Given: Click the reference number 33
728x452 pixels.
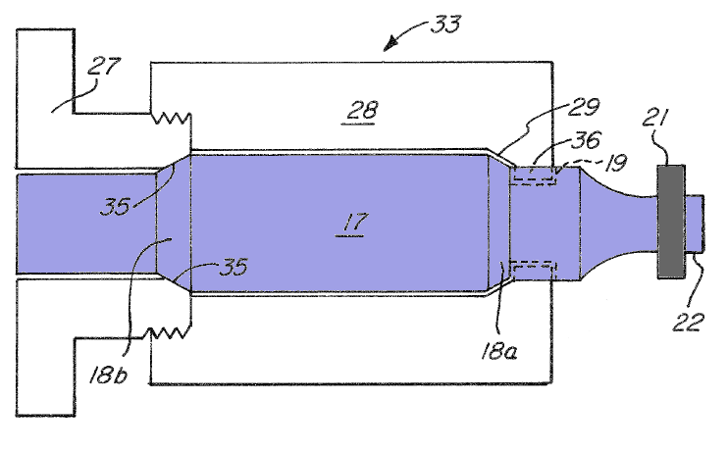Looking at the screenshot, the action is pos(445,25).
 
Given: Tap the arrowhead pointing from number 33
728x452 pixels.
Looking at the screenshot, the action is pos(390,44).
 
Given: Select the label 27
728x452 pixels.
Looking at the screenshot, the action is pos(104,67).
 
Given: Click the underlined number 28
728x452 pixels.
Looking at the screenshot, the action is pos(362,112).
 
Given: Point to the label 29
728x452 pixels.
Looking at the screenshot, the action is pos(584,107).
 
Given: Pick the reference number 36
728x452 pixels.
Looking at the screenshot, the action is pos(586,139).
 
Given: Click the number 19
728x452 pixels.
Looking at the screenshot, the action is pos(615,163).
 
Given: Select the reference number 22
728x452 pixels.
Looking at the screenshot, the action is pos(689,322).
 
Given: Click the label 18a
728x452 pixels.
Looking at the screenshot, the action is pos(499,351).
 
